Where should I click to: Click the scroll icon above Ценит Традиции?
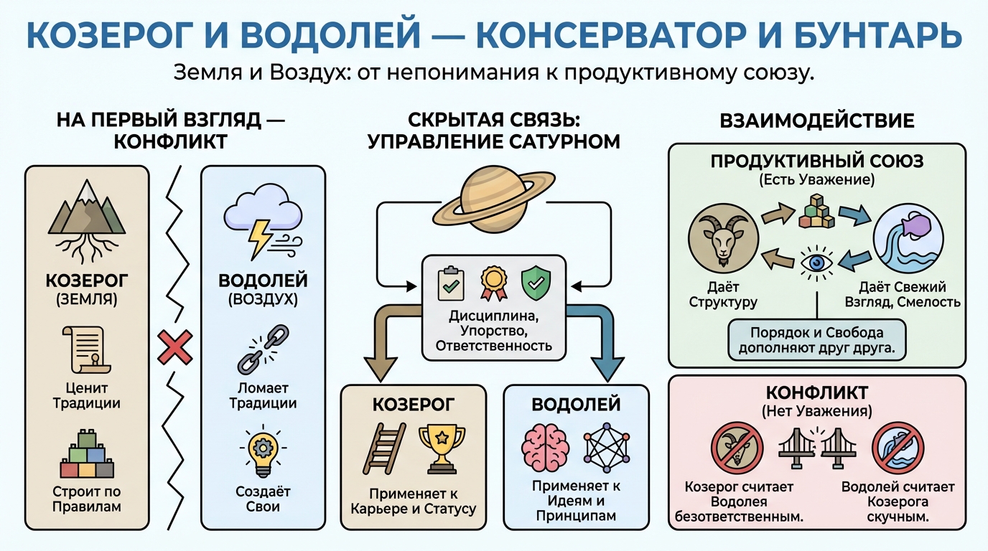pyautogui.click(x=86, y=352)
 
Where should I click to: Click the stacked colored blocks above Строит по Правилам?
pyautogui.click(x=86, y=456)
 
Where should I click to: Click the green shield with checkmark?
pyautogui.click(x=533, y=282)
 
